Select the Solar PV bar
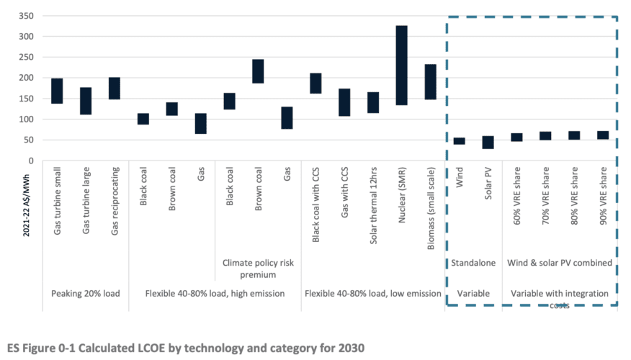tap(488, 142)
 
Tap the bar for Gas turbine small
tap(57, 91)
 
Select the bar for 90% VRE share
tap(603, 135)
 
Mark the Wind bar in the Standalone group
tap(459, 141)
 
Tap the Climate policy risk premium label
tap(258, 269)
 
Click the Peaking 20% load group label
tap(85, 293)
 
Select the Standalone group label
tap(473, 263)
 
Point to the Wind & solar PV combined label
tap(560, 263)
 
